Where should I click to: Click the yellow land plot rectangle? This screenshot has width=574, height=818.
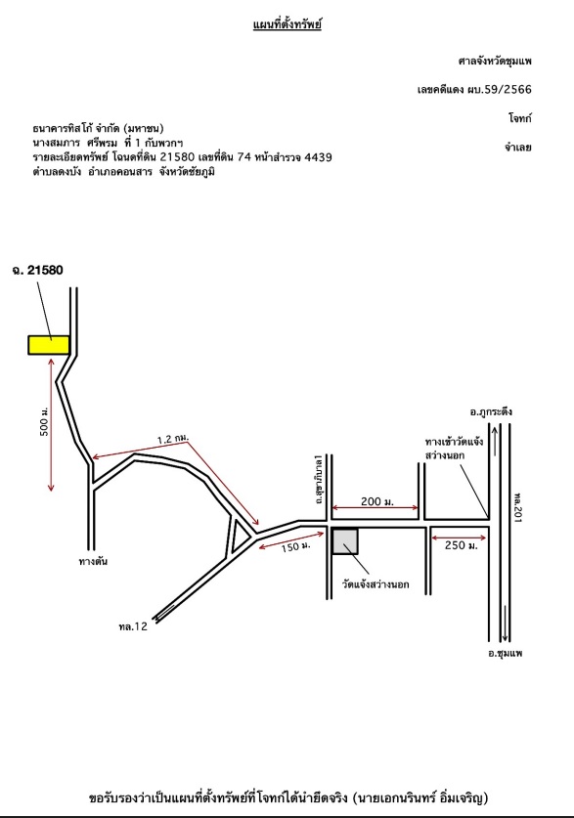pyautogui.click(x=49, y=345)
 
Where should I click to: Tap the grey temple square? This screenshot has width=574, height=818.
pyautogui.click(x=345, y=541)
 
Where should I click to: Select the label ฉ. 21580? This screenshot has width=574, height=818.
pyautogui.click(x=37, y=270)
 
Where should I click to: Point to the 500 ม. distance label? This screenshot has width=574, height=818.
pyautogui.click(x=45, y=421)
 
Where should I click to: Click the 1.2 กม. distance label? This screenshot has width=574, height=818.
pyautogui.click(x=173, y=439)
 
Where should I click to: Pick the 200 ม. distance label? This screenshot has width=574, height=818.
pyautogui.click(x=377, y=502)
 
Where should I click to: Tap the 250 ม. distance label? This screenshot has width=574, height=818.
pyautogui.click(x=462, y=545)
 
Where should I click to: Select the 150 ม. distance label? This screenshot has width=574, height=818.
pyautogui.click(x=296, y=546)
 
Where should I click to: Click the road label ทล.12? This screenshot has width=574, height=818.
pyautogui.click(x=133, y=626)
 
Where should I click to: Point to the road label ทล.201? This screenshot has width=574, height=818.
pyautogui.click(x=517, y=506)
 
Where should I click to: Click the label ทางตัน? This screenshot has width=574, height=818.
pyautogui.click(x=93, y=562)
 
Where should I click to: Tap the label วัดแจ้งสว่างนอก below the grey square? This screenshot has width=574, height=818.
pyautogui.click(x=375, y=584)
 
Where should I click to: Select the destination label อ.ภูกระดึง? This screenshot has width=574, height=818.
pyautogui.click(x=491, y=411)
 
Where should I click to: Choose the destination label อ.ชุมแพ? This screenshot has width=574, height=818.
pyautogui.click(x=506, y=653)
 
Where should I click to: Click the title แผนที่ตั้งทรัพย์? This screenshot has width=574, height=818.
pyautogui.click(x=287, y=24)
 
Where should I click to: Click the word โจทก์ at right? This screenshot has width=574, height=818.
pyautogui.click(x=520, y=118)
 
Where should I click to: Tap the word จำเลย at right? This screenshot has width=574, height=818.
pyautogui.click(x=517, y=148)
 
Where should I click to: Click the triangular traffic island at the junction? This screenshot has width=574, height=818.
pyautogui.click(x=239, y=536)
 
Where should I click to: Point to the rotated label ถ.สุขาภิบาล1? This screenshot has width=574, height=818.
pyautogui.click(x=320, y=478)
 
